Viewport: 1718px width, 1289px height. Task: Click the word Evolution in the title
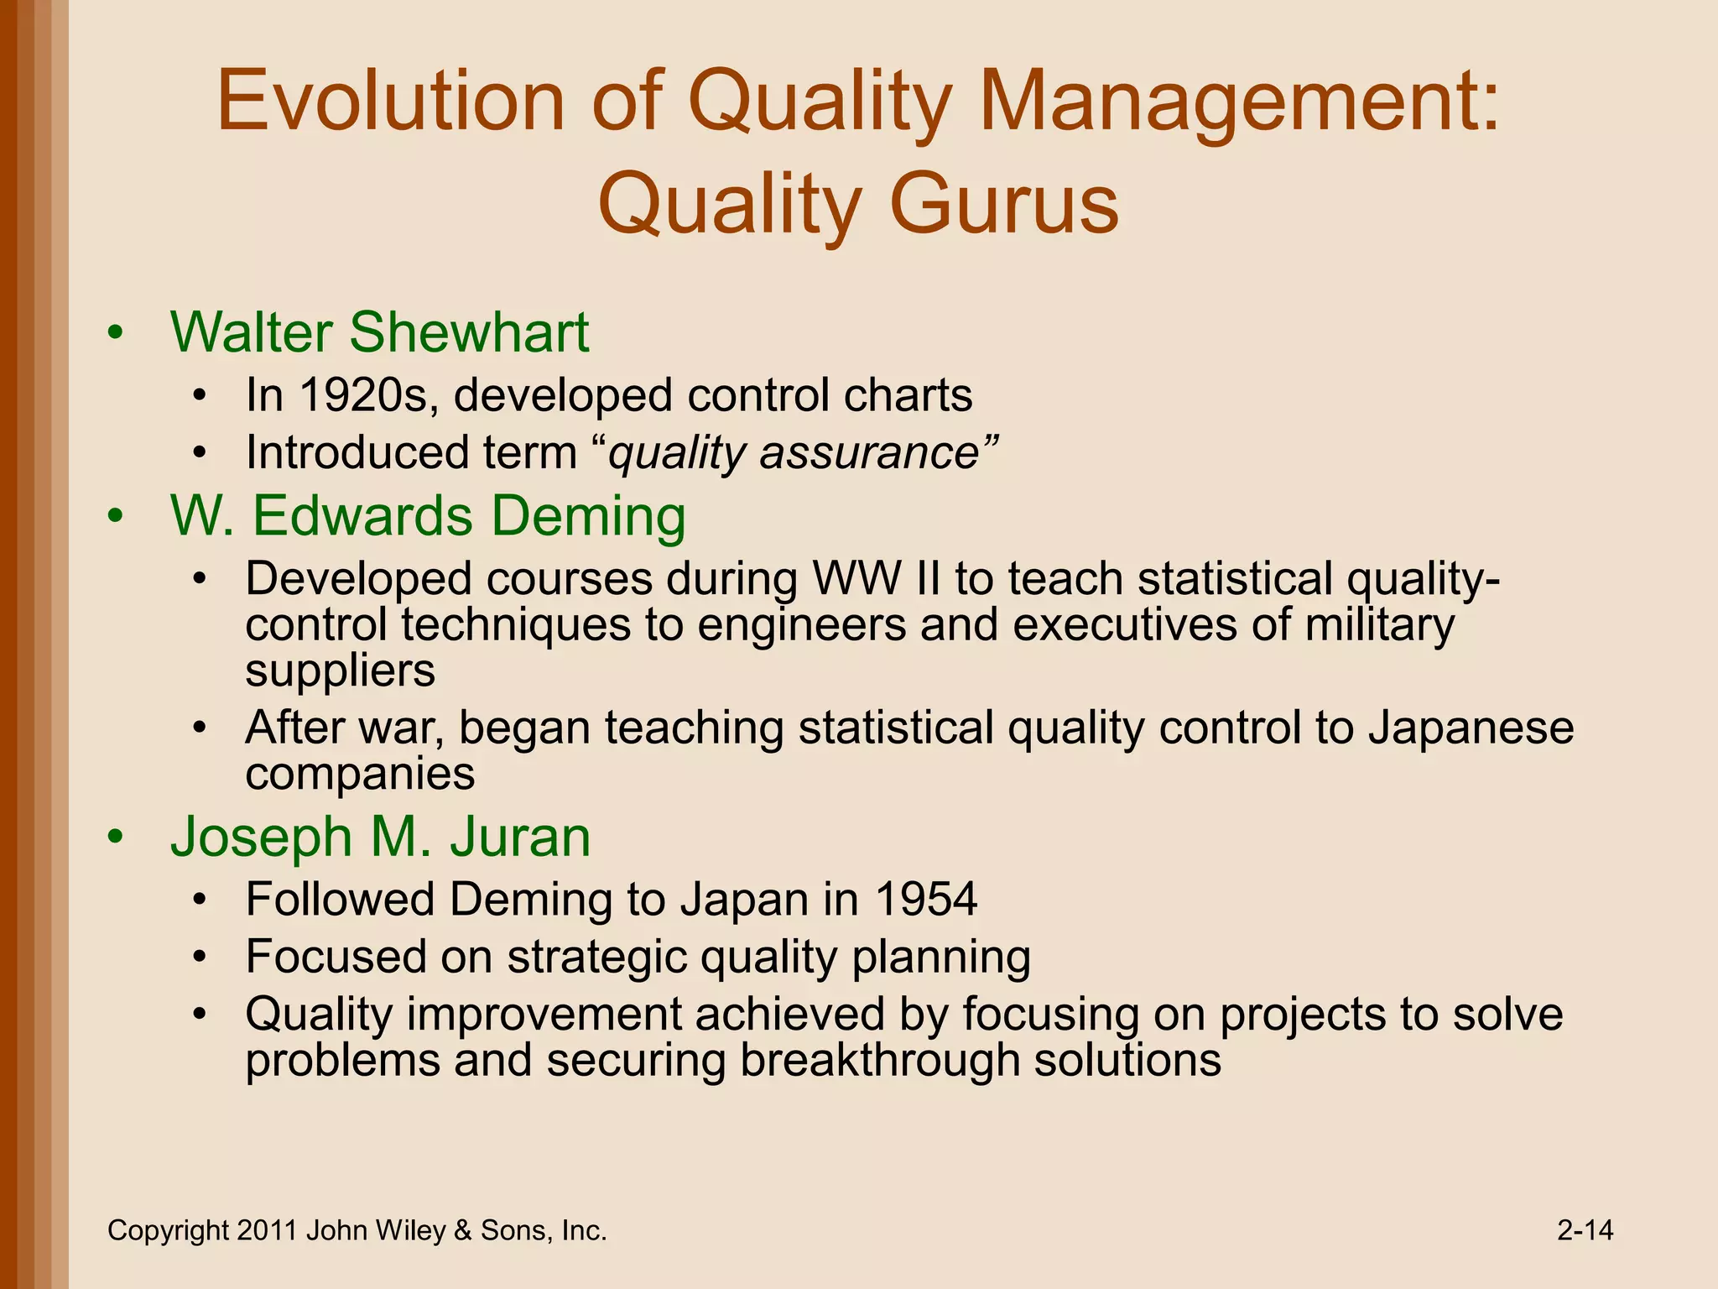[391, 102]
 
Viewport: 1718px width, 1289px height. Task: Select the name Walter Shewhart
[379, 332]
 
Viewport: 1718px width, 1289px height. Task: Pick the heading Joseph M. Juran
[380, 837]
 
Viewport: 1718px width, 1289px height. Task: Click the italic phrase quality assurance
[794, 453]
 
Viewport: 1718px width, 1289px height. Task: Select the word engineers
[801, 625]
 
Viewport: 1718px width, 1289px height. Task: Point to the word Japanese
[1471, 728]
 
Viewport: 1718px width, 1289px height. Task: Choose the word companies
[360, 774]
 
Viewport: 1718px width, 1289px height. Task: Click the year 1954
[926, 900]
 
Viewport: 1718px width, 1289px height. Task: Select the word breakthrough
[879, 1060]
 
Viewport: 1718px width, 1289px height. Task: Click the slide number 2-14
[1585, 1230]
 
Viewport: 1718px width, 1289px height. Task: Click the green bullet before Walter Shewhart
[116, 333]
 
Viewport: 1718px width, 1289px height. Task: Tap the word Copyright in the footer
[168, 1231]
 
